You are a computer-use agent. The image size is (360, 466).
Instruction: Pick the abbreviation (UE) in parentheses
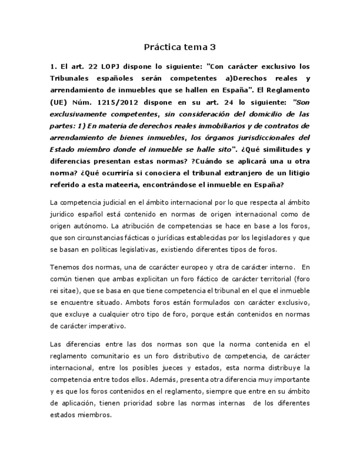[58, 102]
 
